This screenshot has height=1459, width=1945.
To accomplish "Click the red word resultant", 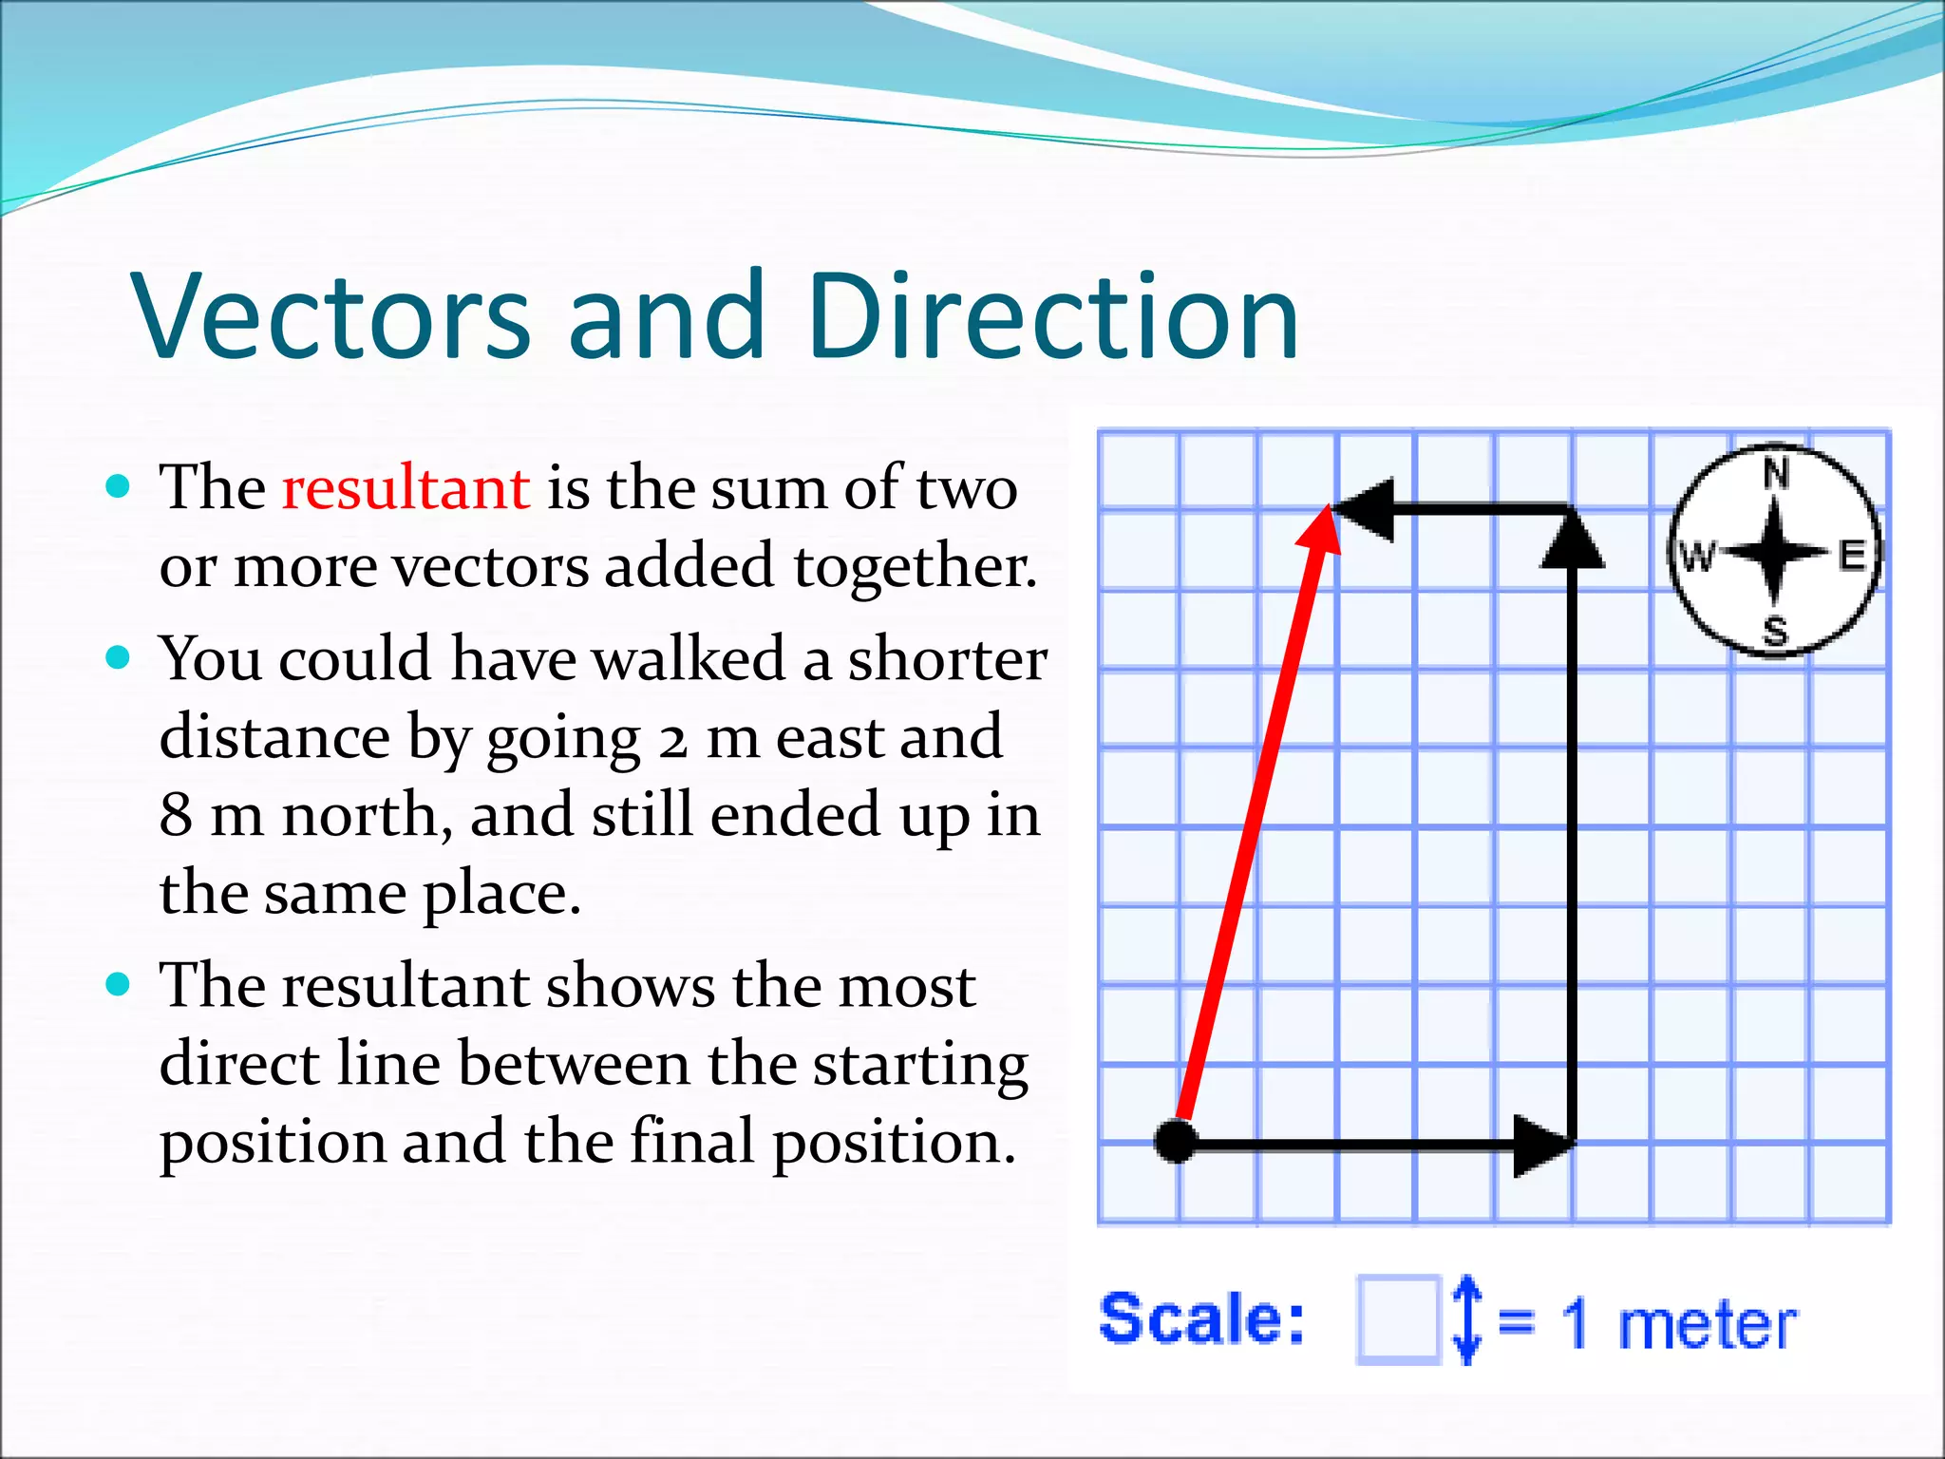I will [x=406, y=488].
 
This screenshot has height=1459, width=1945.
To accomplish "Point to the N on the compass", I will [x=1776, y=473].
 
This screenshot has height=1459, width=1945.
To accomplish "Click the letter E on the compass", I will [x=1852, y=555].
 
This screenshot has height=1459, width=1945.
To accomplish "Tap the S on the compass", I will [x=1775, y=630].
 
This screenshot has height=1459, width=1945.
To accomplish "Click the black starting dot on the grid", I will [x=1176, y=1141].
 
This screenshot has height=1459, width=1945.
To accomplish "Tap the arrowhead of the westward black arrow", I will [x=1364, y=510].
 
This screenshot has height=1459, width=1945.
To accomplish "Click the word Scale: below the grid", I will [x=1202, y=1318].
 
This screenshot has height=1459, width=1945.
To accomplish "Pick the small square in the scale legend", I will [x=1398, y=1319].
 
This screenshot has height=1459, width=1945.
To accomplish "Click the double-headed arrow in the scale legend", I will [x=1466, y=1319].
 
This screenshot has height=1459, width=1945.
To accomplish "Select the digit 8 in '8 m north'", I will [x=177, y=815].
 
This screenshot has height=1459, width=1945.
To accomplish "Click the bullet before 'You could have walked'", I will [x=118, y=657].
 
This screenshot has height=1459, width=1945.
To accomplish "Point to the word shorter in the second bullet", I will [x=947, y=659].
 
